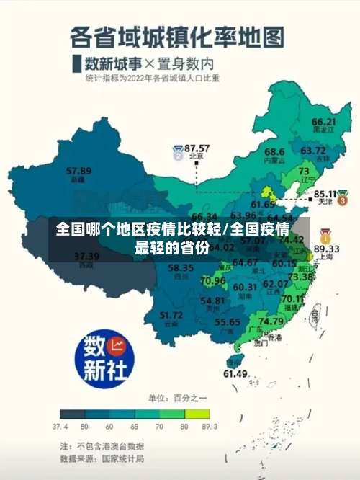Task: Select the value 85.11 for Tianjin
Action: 326,194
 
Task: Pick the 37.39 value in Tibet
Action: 86,256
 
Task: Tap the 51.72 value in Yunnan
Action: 171,315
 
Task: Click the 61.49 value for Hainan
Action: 235,373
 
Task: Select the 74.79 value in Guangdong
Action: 270,321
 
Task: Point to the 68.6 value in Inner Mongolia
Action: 274,152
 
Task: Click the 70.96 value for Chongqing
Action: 213,280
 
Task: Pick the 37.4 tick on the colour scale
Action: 61,426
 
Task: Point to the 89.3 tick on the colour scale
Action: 209,426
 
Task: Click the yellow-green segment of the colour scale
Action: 197,414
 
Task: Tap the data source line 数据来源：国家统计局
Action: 102,458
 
